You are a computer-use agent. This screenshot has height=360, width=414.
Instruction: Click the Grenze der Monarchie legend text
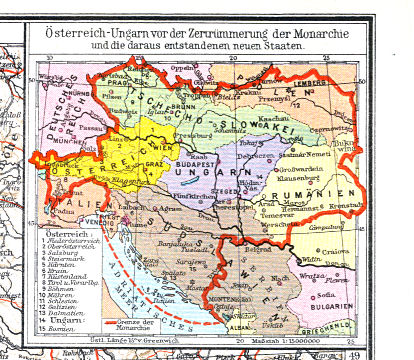point(134,327)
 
